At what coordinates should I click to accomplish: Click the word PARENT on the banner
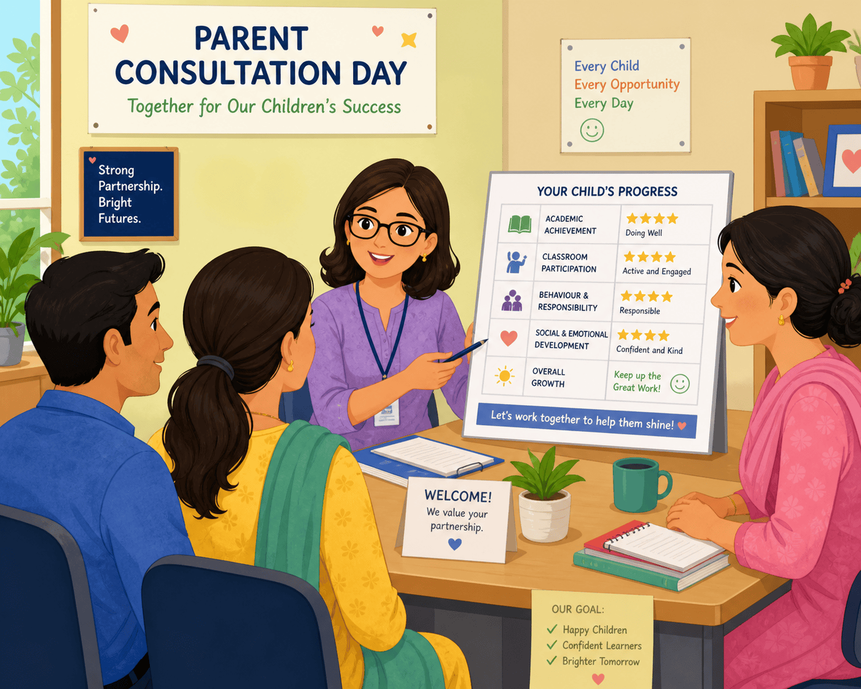click(251, 39)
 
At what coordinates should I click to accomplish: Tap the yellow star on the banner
click(409, 40)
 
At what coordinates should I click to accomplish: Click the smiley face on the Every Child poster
click(592, 130)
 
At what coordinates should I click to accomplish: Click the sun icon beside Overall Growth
click(505, 376)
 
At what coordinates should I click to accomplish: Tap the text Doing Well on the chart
click(644, 233)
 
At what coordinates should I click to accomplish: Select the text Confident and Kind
click(649, 350)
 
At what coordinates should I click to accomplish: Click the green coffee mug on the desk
click(641, 485)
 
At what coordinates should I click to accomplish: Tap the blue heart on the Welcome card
click(455, 543)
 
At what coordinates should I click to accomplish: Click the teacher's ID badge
click(386, 413)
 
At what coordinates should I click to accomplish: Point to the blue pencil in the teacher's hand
click(466, 351)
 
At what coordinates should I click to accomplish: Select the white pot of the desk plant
click(545, 516)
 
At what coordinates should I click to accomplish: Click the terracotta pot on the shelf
click(811, 72)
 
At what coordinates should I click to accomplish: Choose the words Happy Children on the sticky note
click(594, 630)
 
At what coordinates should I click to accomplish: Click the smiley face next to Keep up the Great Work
click(680, 384)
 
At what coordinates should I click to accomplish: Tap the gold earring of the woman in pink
click(781, 320)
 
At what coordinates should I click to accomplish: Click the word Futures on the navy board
click(119, 219)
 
